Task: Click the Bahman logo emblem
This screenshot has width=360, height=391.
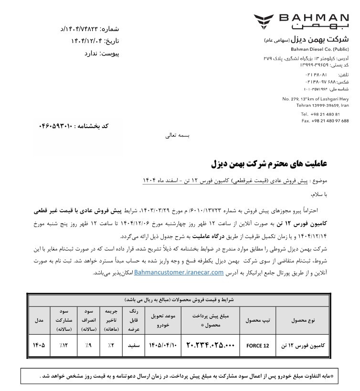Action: tap(264, 21)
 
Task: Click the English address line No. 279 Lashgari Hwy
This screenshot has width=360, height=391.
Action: tap(316, 98)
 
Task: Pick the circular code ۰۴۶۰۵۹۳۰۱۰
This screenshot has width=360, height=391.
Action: tap(55, 126)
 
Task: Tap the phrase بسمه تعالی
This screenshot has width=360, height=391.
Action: tap(177, 135)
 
